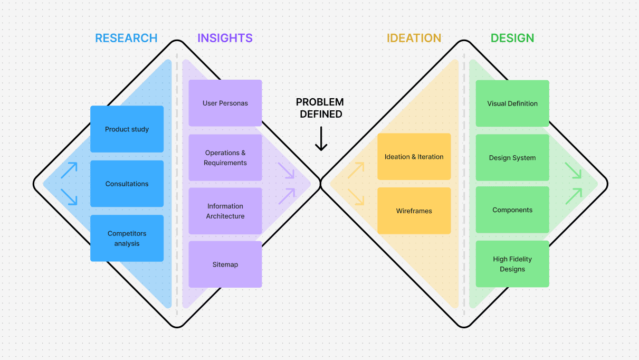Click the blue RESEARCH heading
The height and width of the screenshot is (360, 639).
(126, 39)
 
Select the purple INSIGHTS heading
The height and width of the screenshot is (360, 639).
(225, 39)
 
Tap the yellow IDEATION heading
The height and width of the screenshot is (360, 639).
(414, 39)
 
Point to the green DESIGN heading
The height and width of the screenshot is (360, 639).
(512, 39)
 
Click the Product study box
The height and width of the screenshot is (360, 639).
(127, 129)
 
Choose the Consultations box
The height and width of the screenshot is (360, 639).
(127, 184)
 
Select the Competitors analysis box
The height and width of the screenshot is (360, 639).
(127, 238)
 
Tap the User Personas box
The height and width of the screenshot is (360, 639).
(225, 103)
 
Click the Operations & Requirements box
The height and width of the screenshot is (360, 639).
(225, 157)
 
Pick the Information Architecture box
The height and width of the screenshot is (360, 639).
(225, 211)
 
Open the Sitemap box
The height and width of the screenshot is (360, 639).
(225, 264)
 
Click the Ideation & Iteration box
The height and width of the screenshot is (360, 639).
(414, 157)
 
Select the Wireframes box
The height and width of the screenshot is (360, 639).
(414, 211)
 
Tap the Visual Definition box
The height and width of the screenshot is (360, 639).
(512, 103)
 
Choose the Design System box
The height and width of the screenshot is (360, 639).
(512, 157)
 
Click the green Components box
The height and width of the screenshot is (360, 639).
(512, 210)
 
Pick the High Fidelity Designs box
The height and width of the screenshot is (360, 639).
(512, 264)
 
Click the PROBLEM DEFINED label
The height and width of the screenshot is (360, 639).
(320, 108)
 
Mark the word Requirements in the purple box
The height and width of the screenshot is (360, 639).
(225, 163)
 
